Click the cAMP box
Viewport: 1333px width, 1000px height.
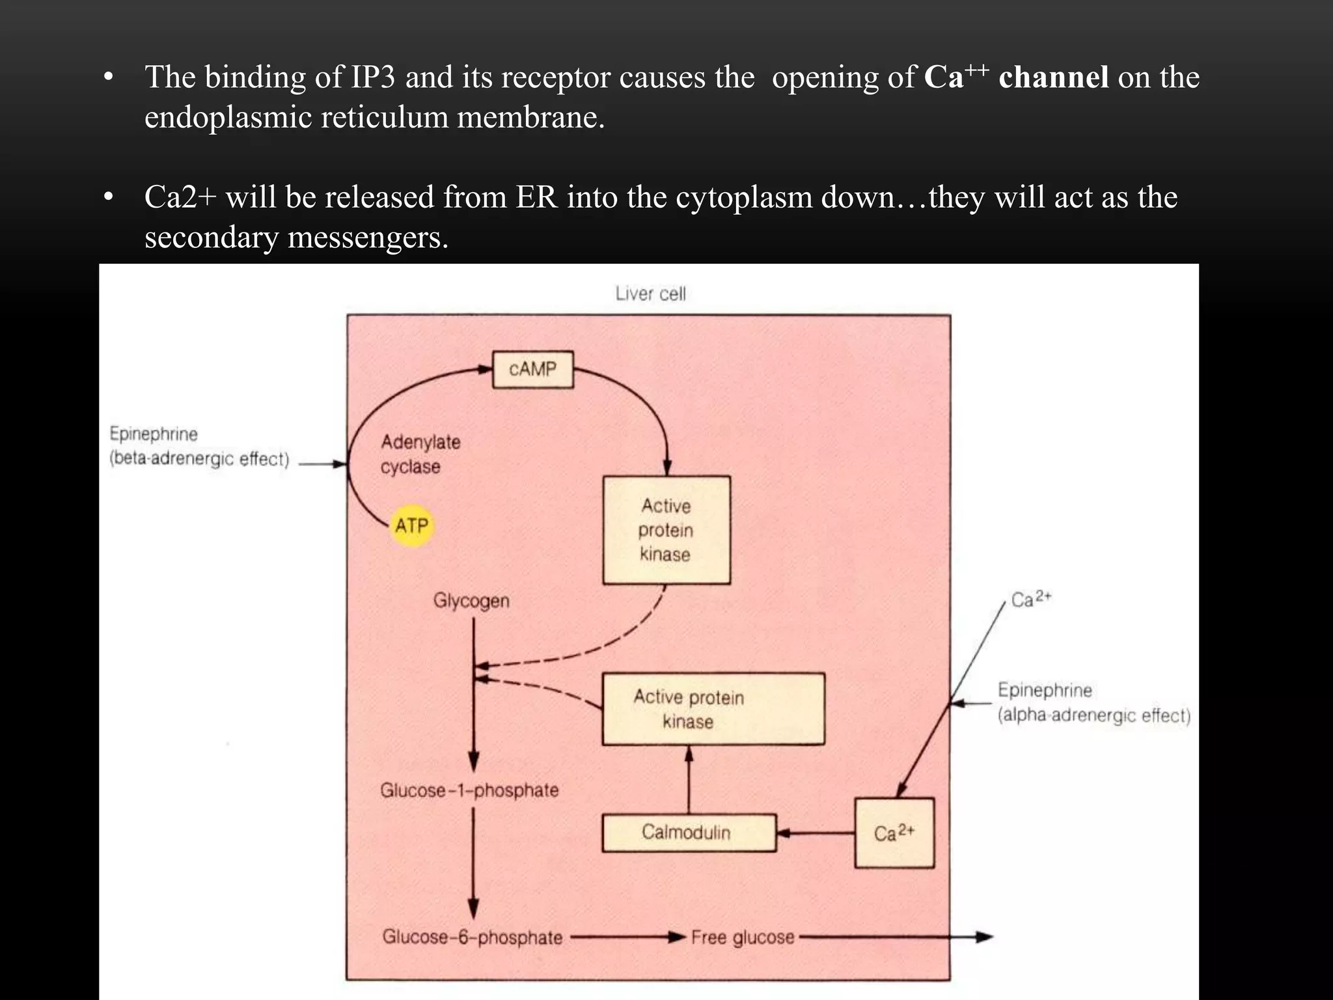pyautogui.click(x=532, y=369)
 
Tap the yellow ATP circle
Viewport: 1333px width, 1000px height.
pyautogui.click(x=412, y=525)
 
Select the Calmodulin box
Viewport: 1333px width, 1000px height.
pyautogui.click(x=689, y=832)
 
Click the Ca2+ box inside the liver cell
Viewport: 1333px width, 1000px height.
pyautogui.click(x=894, y=833)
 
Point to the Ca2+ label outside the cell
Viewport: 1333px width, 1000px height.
pyautogui.click(x=1030, y=599)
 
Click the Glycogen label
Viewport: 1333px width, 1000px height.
pyautogui.click(x=471, y=600)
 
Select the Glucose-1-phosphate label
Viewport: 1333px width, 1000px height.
pyautogui.click(x=469, y=790)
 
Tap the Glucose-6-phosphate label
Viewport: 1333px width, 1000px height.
pyautogui.click(x=472, y=937)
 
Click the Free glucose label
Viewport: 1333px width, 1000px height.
pyautogui.click(x=743, y=937)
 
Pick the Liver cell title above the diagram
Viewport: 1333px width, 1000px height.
pyautogui.click(x=650, y=294)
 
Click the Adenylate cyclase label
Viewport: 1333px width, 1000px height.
pyautogui.click(x=420, y=454)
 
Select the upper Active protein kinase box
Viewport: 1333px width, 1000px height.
pyautogui.click(x=666, y=530)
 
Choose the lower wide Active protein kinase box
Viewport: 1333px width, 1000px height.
pyautogui.click(x=713, y=709)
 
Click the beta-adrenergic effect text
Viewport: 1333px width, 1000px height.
pyautogui.click(x=199, y=459)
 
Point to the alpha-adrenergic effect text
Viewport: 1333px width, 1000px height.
pyautogui.click(x=1093, y=715)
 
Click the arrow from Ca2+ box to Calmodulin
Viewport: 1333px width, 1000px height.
pyautogui.click(x=816, y=833)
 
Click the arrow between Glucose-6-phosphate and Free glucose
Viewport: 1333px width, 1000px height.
pyautogui.click(x=628, y=937)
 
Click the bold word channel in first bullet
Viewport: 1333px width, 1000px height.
pyautogui.click(x=1053, y=77)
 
